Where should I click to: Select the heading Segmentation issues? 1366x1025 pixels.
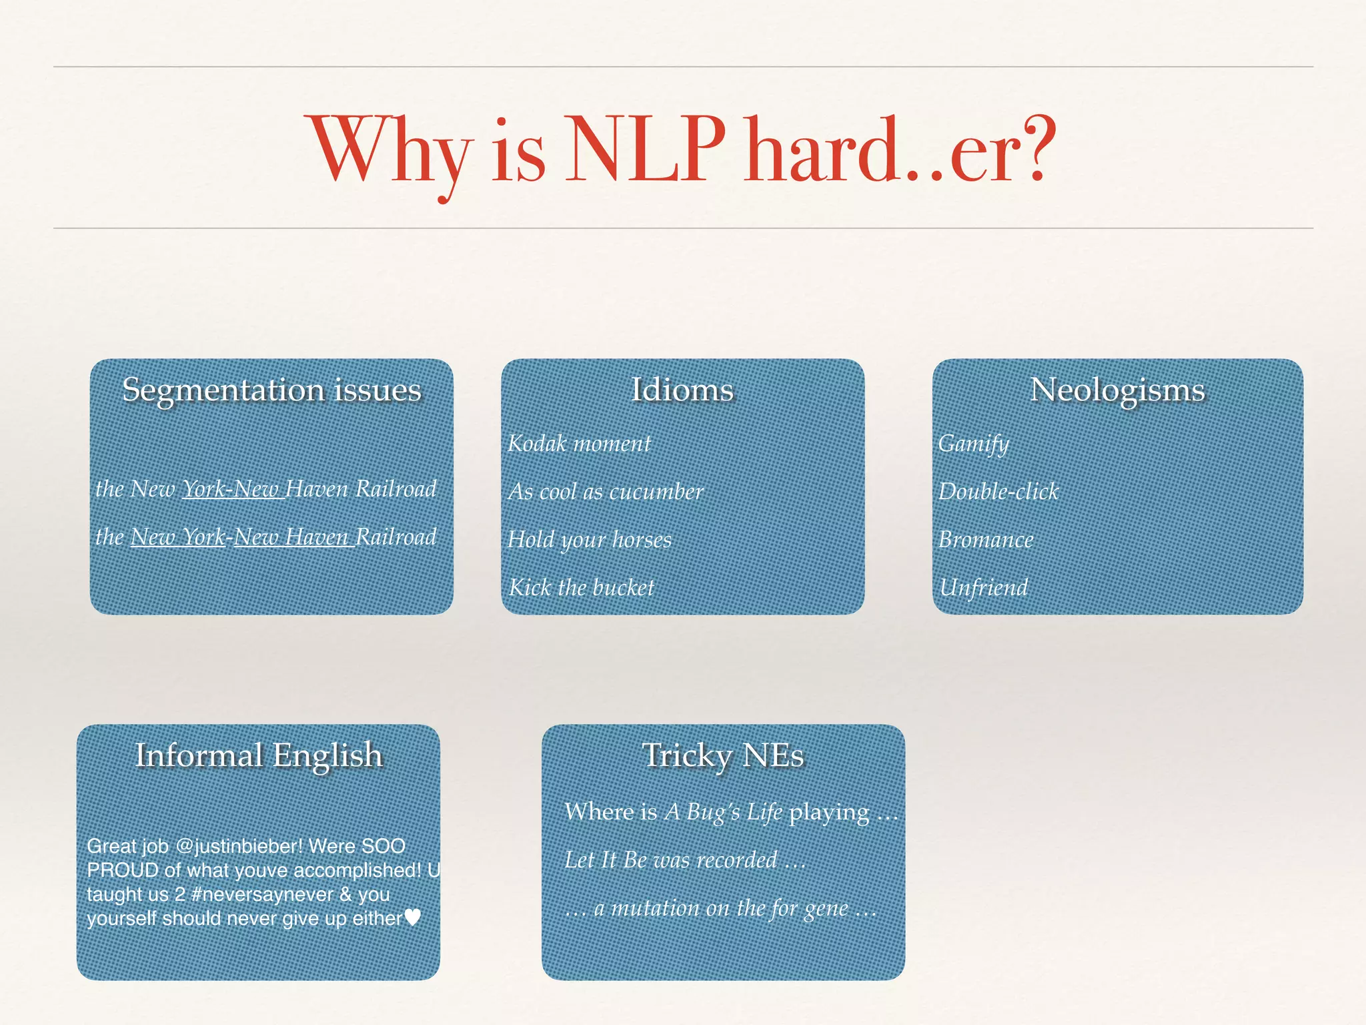click(271, 390)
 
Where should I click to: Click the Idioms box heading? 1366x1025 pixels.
click(682, 390)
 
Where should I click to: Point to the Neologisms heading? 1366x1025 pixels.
click(1117, 390)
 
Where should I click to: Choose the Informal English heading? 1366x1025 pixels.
click(259, 755)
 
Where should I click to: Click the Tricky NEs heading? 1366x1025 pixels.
click(723, 755)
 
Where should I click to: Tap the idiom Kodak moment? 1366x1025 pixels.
click(579, 444)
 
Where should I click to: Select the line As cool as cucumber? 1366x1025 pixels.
click(606, 492)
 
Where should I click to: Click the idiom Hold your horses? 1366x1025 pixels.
click(590, 540)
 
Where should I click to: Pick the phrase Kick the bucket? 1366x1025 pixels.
click(582, 588)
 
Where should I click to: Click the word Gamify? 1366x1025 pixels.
click(973, 444)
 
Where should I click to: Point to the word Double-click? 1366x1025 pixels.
click(998, 492)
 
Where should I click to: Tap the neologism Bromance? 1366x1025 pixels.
click(986, 540)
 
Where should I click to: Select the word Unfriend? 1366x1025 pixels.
click(983, 588)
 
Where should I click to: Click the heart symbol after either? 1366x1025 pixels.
click(413, 918)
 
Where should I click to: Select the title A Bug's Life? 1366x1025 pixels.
click(723, 812)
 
